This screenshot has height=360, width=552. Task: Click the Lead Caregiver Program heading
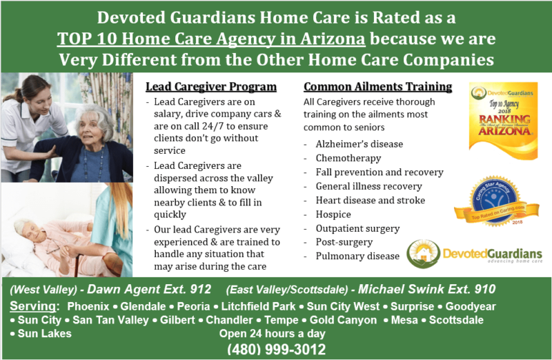pyautogui.click(x=211, y=87)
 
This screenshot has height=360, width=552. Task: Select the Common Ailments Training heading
pyautogui.click(x=377, y=87)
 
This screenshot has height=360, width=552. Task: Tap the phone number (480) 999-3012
pyautogui.click(x=276, y=350)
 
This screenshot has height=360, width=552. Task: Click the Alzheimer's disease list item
pyautogui.click(x=359, y=144)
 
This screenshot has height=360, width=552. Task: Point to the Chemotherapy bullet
pyautogui.click(x=348, y=158)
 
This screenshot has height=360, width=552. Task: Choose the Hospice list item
pyautogui.click(x=333, y=214)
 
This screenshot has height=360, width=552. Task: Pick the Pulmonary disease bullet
pyautogui.click(x=357, y=256)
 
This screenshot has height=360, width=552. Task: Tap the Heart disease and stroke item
pyautogui.click(x=370, y=200)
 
